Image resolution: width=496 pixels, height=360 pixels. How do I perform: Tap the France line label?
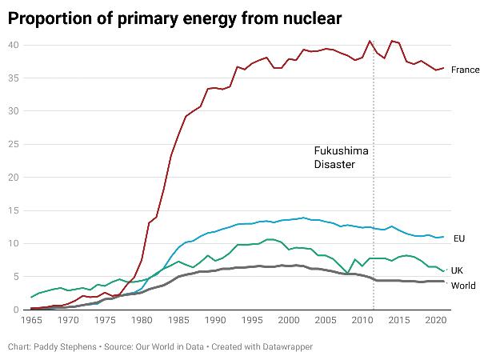pyautogui.click(x=465, y=70)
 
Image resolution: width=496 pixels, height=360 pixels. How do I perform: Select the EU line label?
pyautogui.click(x=459, y=238)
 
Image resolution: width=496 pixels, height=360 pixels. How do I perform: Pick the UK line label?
pyautogui.click(x=458, y=270)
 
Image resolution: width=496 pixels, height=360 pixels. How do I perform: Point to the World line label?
pyautogui.click(x=465, y=286)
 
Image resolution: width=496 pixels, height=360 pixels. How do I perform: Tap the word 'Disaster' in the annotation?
pyautogui.click(x=334, y=164)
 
